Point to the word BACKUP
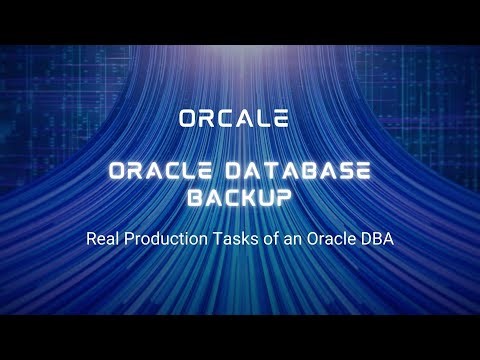(x=240, y=198)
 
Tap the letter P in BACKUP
(x=285, y=198)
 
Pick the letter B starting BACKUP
(x=196, y=198)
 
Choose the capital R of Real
(x=91, y=241)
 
